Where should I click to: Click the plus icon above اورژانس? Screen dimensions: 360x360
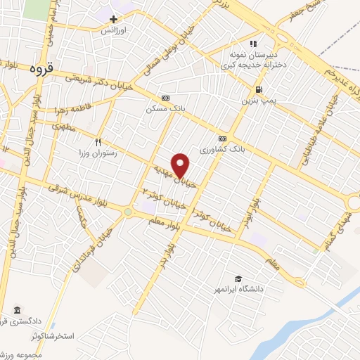pyautogui.click(x=113, y=19)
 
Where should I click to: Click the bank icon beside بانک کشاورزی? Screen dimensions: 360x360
pyautogui.click(x=222, y=139)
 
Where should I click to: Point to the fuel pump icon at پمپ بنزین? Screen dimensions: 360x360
pyautogui.click(x=259, y=89)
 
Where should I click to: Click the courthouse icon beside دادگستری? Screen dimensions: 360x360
pyautogui.click(x=17, y=310)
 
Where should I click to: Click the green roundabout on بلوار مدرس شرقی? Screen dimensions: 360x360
pyautogui.click(x=128, y=211)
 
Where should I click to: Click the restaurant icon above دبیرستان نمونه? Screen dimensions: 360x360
pyautogui.click(x=252, y=44)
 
